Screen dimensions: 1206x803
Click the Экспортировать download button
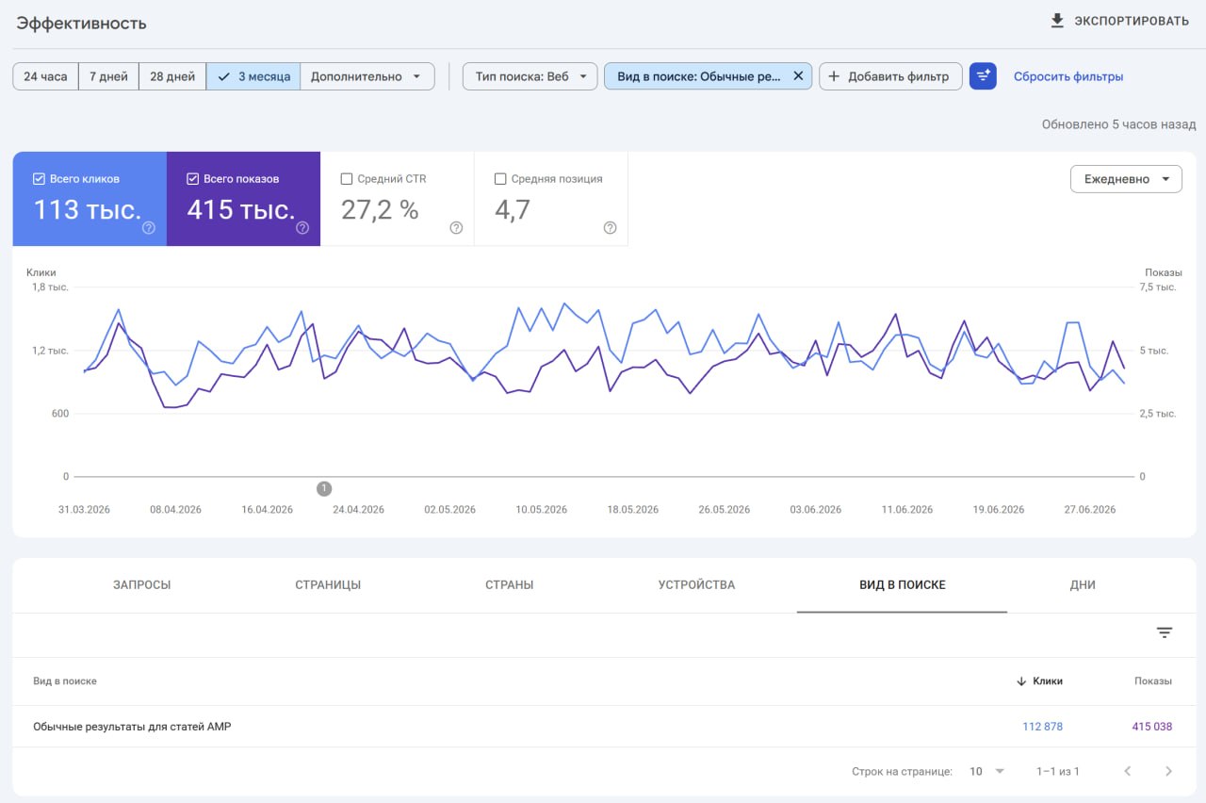1119,21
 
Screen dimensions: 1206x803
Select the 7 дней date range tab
108,76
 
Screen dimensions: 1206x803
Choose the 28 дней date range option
172,76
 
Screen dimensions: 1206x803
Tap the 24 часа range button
46,76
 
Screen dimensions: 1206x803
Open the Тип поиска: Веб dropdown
530,76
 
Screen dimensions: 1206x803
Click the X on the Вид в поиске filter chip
798,76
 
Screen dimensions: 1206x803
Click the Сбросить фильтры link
1068,76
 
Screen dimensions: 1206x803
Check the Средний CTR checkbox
347,179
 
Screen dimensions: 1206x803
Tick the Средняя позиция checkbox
500,179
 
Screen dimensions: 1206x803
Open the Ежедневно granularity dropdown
1126,179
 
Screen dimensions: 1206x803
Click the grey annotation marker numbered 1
324,488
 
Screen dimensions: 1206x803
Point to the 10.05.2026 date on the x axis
541,510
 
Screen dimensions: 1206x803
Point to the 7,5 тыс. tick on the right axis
1158,287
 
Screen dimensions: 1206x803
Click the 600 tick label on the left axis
60,414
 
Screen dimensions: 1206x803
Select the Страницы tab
328,585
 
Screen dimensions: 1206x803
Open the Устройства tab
696,585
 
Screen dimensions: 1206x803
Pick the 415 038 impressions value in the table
1151,727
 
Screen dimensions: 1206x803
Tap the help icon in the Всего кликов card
149,228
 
